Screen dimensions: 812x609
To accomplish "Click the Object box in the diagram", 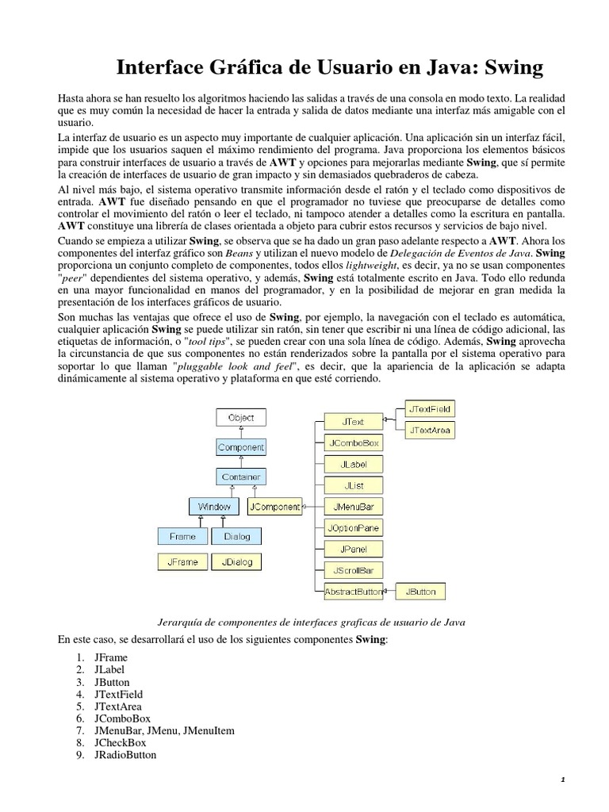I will coord(241,417).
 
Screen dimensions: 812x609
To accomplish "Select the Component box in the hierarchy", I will coord(241,447).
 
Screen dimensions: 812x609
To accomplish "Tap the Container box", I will coord(241,477).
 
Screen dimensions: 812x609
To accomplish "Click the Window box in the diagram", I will coord(214,506).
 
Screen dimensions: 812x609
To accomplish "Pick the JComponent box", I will coord(274,506).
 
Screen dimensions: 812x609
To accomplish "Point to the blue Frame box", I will coord(182,536).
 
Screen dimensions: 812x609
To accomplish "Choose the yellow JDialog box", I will coord(236,562).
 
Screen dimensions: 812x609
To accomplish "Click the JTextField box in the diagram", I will coord(431,409).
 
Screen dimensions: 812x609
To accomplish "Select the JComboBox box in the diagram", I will coord(353,442).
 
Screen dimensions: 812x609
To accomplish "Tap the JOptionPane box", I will coord(353,527).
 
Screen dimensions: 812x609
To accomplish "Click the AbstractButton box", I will coord(353,591).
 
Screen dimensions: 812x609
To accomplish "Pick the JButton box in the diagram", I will coord(420,591).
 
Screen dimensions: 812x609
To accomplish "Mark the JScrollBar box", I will coord(353,569).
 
